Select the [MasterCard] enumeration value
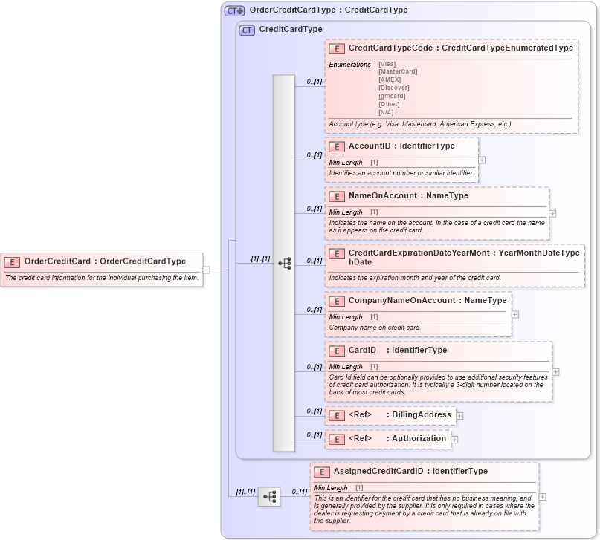tap(398, 71)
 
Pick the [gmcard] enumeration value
tap(393, 96)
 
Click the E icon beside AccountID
tap(337, 147)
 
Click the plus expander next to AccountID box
tap(482, 160)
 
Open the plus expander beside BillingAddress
tap(459, 416)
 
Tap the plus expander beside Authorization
tap(454, 440)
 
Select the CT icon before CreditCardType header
tap(247, 30)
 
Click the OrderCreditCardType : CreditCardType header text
tap(329, 10)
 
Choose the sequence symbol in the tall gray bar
tap(284, 263)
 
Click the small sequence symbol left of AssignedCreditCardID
tap(269, 496)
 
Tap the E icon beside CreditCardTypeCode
tap(337, 48)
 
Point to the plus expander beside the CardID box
tap(556, 372)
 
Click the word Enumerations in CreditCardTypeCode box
tap(350, 65)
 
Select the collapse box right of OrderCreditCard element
tap(207, 270)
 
